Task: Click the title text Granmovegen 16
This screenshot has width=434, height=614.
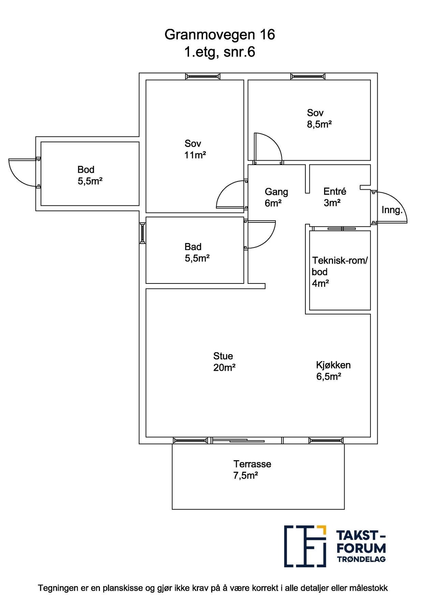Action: [219, 35]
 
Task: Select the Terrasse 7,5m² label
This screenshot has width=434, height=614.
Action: [252, 469]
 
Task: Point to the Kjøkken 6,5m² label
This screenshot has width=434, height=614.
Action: [333, 371]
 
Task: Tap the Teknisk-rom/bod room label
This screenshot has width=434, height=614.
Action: [340, 272]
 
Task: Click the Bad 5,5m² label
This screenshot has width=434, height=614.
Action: [197, 252]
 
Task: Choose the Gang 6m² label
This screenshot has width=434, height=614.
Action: [276, 198]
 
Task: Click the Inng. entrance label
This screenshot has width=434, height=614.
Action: [392, 210]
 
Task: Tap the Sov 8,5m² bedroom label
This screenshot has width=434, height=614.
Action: [319, 118]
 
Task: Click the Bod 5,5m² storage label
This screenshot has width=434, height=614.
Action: [90, 175]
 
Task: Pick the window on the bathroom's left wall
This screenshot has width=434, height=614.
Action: [143, 233]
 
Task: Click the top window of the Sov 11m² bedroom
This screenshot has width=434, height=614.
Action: [203, 77]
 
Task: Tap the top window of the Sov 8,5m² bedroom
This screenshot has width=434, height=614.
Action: [308, 77]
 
